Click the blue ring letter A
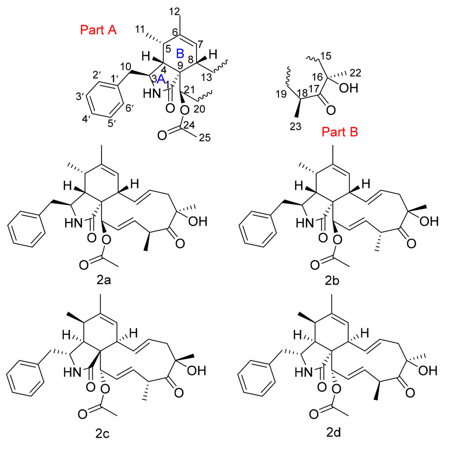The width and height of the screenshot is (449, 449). click(166, 84)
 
